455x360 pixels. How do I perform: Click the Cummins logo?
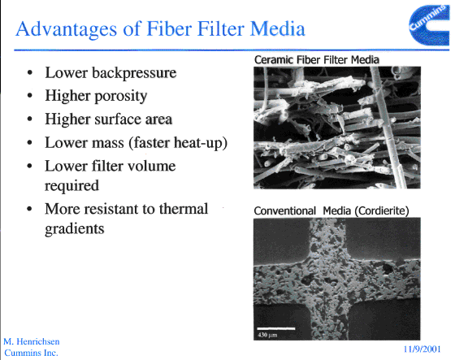430,25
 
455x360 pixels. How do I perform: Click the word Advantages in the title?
67,29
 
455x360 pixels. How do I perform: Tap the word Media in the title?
277,28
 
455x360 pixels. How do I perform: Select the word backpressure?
134,73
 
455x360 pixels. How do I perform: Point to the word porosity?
121,97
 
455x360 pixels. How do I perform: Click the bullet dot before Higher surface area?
29,119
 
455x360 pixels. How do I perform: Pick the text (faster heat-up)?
178,143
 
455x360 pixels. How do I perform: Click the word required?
71,186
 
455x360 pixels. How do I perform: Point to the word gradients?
74,229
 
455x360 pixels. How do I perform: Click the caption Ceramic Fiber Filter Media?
317,60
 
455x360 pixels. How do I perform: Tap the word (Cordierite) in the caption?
382,210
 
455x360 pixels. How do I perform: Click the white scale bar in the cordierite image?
276,328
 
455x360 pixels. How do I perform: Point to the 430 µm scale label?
267,335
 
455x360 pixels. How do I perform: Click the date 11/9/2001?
422,349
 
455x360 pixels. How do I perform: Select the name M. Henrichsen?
32,341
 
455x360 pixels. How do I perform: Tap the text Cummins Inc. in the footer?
32,353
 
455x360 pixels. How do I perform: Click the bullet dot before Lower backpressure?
29,72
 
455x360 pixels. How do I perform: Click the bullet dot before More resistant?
29,209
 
